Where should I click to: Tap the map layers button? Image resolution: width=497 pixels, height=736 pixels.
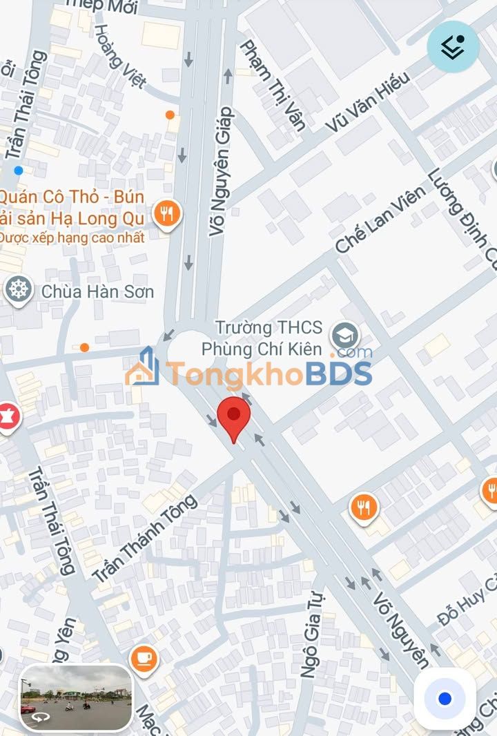click(453, 46)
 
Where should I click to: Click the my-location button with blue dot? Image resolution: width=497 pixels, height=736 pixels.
click(445, 699)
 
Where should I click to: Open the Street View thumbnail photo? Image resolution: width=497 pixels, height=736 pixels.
click(76, 698)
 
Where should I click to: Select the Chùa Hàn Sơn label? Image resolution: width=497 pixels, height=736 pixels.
click(97, 291)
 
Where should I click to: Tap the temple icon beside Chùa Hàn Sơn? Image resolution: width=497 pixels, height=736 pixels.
click(19, 289)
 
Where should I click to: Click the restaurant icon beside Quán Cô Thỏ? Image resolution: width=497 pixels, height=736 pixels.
click(166, 214)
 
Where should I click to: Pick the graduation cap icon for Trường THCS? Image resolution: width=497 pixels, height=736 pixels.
click(344, 336)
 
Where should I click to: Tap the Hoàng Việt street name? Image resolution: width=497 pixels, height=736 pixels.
click(120, 57)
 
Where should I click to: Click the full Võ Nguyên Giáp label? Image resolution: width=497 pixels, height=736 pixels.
click(222, 172)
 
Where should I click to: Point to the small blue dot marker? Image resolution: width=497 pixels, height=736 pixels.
click(19, 170)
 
